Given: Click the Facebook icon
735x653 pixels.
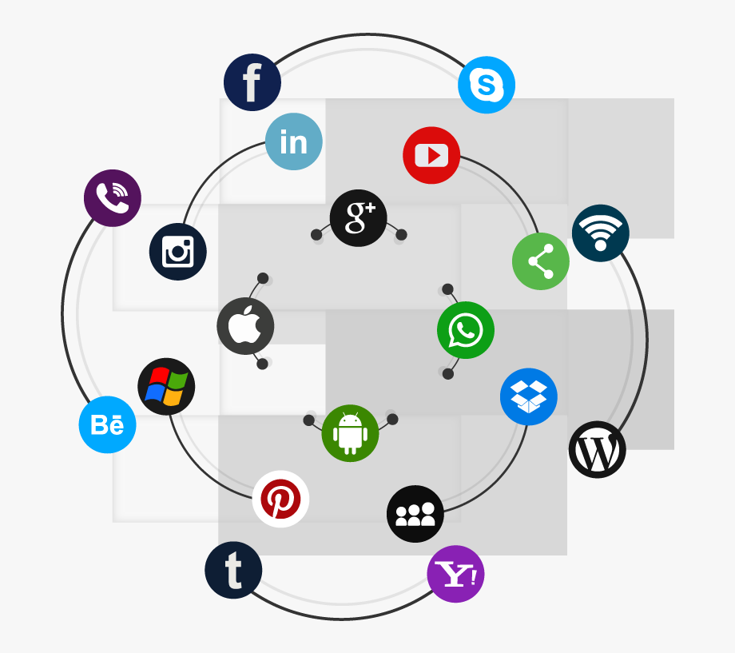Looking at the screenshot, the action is coord(252,82).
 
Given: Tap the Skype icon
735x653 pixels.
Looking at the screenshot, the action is coord(487,85).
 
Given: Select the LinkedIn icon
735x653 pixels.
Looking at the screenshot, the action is coord(294,141).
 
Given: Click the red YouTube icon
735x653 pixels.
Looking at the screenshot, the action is coord(431,155).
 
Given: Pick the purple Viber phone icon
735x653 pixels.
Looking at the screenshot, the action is coord(113,198).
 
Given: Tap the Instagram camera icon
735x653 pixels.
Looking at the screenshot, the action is coord(178,252).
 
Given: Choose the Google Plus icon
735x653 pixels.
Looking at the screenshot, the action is coord(359,218).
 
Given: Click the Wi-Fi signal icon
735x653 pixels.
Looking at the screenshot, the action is coord(601,233).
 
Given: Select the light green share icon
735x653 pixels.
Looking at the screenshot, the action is coord(541,261).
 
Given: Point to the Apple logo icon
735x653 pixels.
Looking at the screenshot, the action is coord(245,326).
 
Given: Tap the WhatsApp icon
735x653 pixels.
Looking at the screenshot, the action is coord(466,330).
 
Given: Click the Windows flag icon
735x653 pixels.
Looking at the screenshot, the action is coord(166,387).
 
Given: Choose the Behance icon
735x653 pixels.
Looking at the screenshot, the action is coord(107,425).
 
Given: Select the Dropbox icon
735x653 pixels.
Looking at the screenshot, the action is coord(529,397).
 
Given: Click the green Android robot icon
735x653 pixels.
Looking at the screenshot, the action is coord(350,433).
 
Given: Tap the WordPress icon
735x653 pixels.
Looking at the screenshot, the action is coord(598,449).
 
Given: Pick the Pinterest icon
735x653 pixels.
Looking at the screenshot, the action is coord(280,499).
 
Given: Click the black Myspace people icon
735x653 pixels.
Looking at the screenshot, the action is coord(415,514).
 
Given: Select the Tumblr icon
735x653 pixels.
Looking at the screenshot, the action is coord(233,570).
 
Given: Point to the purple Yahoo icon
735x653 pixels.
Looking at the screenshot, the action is coord(455,574).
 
